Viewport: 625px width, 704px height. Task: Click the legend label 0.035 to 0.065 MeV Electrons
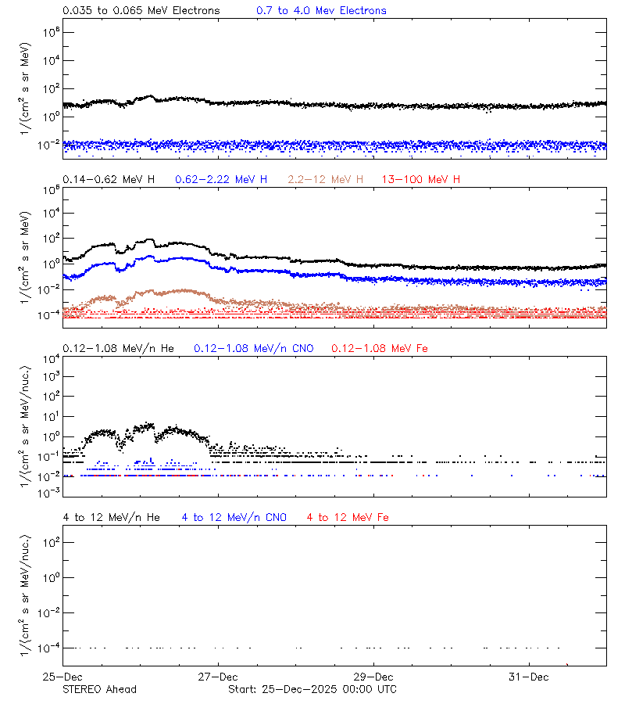(141, 11)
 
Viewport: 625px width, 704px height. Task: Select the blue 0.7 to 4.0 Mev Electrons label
(321, 11)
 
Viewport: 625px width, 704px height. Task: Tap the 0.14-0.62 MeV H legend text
(109, 180)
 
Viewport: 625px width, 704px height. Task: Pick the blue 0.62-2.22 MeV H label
(221, 180)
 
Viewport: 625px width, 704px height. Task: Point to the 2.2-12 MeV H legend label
(326, 180)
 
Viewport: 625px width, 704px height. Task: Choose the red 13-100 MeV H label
(421, 180)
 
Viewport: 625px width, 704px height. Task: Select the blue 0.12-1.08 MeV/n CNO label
(254, 348)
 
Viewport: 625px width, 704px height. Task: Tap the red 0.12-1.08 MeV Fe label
(380, 348)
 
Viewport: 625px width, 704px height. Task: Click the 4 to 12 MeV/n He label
(111, 518)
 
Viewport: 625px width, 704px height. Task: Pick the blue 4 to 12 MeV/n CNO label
(234, 518)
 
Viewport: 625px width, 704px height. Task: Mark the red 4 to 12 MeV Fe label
(348, 518)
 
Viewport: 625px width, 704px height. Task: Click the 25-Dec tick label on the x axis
(62, 677)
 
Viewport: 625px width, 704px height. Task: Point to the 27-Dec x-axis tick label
(217, 677)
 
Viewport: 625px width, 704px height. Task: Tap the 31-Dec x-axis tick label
(528, 677)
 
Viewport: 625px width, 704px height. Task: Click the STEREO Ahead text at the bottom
(99, 689)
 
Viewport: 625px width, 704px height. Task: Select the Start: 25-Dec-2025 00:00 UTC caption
(312, 689)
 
